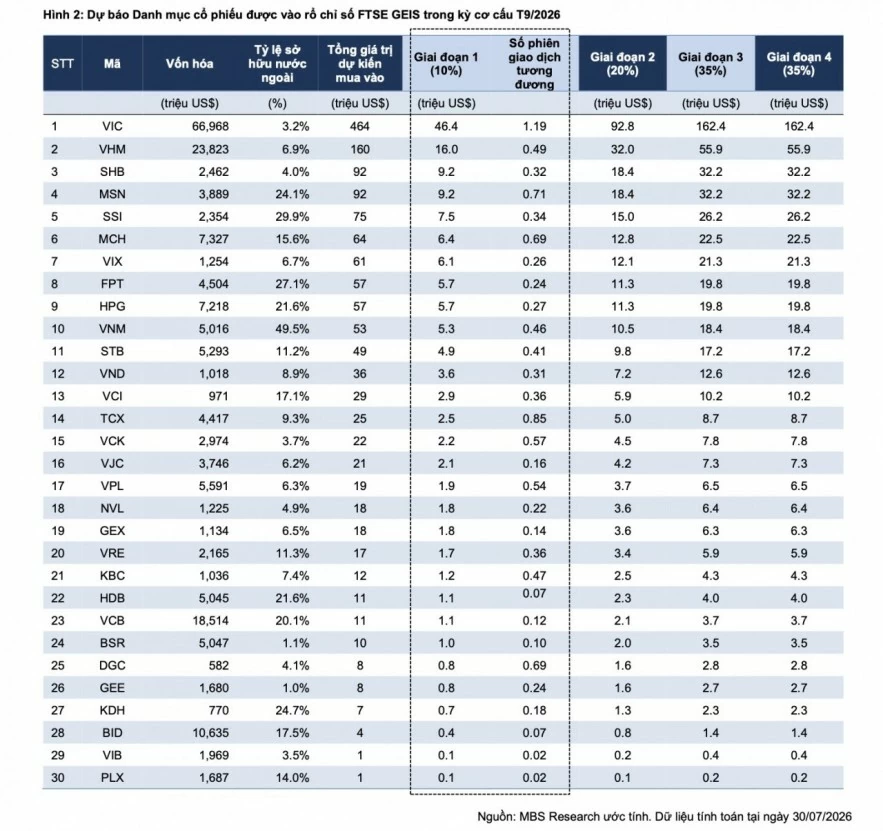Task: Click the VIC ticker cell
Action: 112,126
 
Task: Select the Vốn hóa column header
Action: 189,64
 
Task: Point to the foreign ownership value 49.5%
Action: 292,329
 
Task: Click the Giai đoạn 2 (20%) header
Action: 622,64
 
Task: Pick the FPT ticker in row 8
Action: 112,284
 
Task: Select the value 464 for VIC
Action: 360,126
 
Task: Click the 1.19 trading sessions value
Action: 534,126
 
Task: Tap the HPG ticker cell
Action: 112,306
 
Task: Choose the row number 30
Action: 58,778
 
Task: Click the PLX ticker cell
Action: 112,778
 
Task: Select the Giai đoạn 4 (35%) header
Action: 799,64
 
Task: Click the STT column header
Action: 63,64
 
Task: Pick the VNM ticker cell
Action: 112,329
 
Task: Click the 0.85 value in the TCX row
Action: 534,418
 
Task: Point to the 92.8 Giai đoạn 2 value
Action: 622,126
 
